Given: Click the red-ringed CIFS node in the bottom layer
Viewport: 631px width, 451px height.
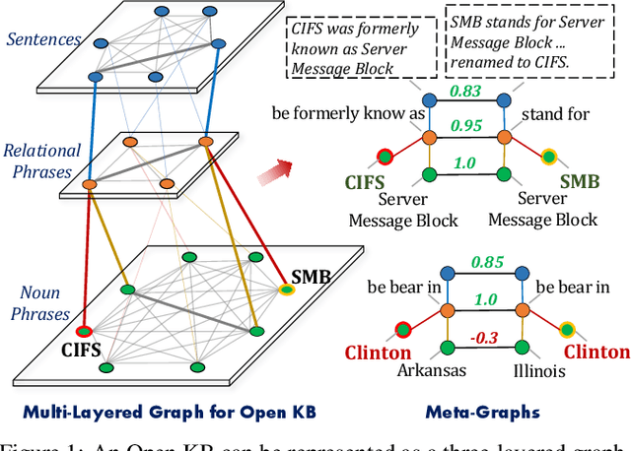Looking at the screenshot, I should [85, 331].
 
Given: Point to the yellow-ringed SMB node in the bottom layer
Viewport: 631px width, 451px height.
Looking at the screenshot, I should [286, 290].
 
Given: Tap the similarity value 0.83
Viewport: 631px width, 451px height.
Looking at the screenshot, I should [464, 91].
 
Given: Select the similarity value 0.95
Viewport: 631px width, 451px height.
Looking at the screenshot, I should [464, 126].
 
